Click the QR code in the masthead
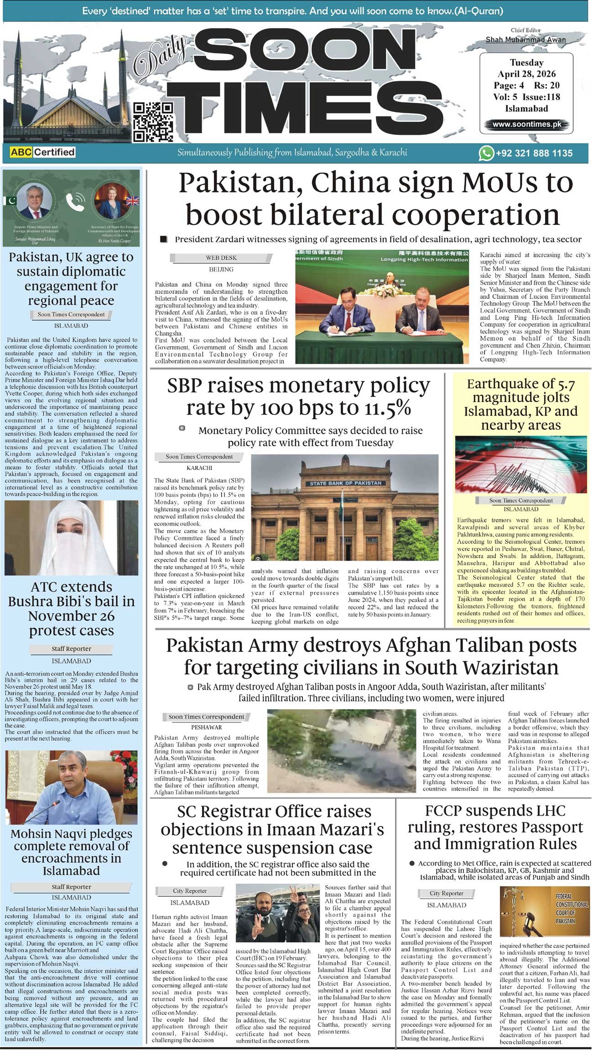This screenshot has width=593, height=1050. click(x=153, y=122)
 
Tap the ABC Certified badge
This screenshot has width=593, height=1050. click(x=42, y=152)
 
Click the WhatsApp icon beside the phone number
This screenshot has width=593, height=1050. click(x=486, y=153)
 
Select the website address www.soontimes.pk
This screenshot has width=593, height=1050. click(x=526, y=124)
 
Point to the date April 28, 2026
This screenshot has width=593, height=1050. click(x=526, y=74)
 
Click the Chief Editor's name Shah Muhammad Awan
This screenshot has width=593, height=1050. click(x=525, y=40)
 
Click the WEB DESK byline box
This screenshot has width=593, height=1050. click(x=221, y=258)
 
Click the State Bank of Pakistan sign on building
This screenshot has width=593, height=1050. click(x=345, y=483)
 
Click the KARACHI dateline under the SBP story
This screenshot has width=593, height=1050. click(x=199, y=468)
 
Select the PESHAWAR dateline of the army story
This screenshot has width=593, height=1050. click(x=207, y=727)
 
